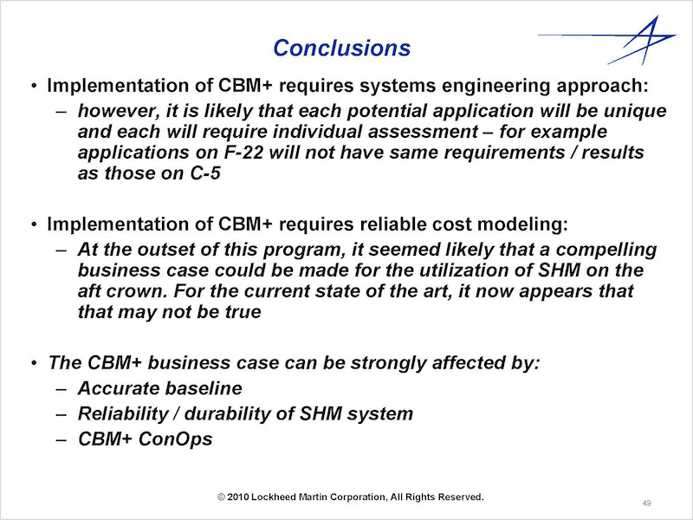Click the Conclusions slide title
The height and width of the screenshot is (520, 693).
(x=341, y=48)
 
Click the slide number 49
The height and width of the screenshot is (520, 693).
(x=646, y=504)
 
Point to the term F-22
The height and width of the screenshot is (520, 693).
(x=243, y=153)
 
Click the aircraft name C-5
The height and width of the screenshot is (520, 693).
(x=205, y=173)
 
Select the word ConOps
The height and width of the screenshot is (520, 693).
(x=176, y=439)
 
